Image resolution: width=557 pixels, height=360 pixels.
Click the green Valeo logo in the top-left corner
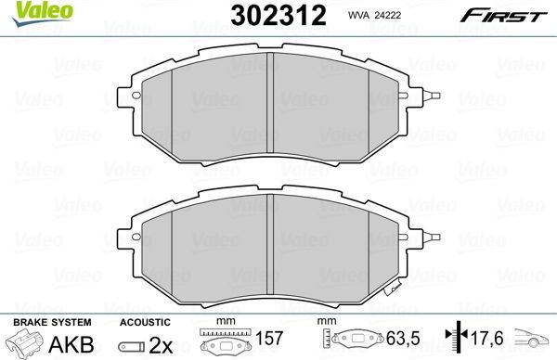pyautogui.click(x=31, y=11)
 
